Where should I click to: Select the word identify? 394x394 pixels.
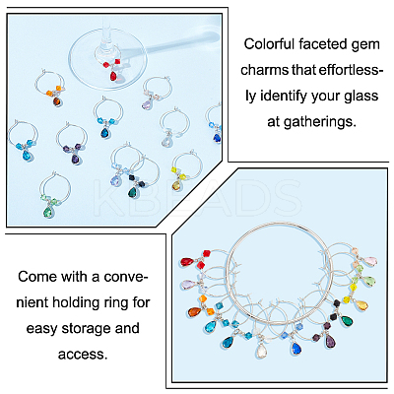click(x=283, y=97)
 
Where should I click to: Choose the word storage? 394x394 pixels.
click(x=87, y=329)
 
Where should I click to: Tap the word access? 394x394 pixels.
click(x=83, y=354)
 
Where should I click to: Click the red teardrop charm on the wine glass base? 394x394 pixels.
click(x=113, y=77)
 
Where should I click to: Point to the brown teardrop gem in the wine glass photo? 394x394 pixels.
click(x=57, y=101)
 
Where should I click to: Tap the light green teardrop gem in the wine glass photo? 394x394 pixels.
click(x=48, y=211)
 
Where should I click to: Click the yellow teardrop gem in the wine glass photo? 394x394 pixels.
click(x=176, y=185)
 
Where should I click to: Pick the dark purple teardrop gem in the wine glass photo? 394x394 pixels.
click(x=75, y=160)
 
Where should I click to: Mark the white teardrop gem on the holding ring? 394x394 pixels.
click(x=261, y=351)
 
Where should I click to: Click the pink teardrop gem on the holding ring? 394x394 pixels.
click(x=370, y=261)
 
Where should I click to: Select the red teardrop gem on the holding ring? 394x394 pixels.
click(x=187, y=262)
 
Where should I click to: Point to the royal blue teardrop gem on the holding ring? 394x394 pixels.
click(x=295, y=348)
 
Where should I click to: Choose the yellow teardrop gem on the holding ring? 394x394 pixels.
click(x=361, y=305)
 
